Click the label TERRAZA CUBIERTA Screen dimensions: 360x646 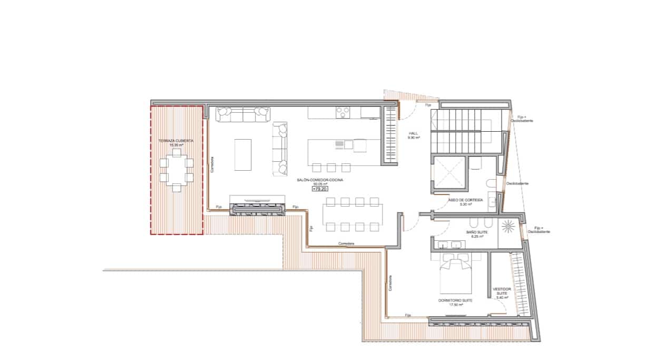coord(175,141)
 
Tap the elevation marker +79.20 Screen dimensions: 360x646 coord(320,188)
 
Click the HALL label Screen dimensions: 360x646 coord(413,134)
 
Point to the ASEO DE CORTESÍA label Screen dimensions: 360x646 coord(465,200)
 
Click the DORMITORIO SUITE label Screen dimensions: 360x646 coord(455,300)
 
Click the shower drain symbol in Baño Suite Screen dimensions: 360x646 coord(509,226)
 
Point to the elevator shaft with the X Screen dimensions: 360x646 coord(449,172)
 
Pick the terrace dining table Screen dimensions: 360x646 coord(176,170)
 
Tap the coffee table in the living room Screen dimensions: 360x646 coord(243,154)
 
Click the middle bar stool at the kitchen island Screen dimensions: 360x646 coord(331,168)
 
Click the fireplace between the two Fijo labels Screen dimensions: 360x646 coord(258,209)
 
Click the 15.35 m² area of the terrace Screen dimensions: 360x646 coord(175,145)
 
